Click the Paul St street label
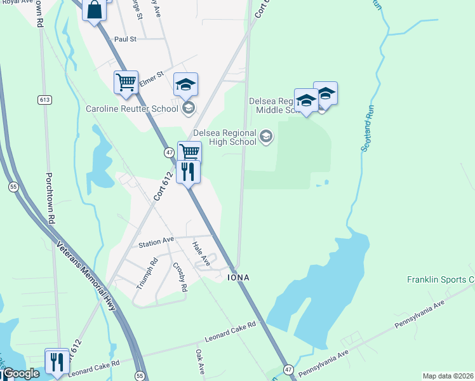point(125,39)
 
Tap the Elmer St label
point(151,74)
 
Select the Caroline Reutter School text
point(132,109)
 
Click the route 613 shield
point(44,100)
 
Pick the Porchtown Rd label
point(49,197)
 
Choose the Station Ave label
point(156,241)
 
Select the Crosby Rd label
point(180,277)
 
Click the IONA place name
point(238,278)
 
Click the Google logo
point(21,373)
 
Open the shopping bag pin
point(94,10)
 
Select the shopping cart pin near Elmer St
point(126,82)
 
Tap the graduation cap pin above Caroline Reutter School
point(186,84)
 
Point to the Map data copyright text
point(448,376)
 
